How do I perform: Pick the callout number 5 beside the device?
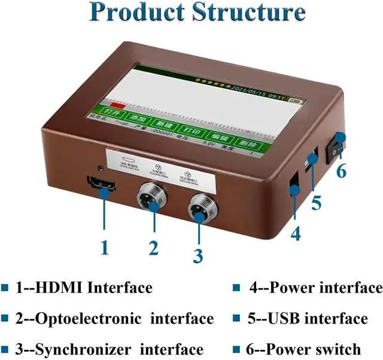click(x=316, y=202)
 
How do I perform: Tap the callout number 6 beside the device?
click(x=341, y=171)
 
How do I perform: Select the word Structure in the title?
click(x=250, y=13)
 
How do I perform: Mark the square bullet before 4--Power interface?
click(x=236, y=288)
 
